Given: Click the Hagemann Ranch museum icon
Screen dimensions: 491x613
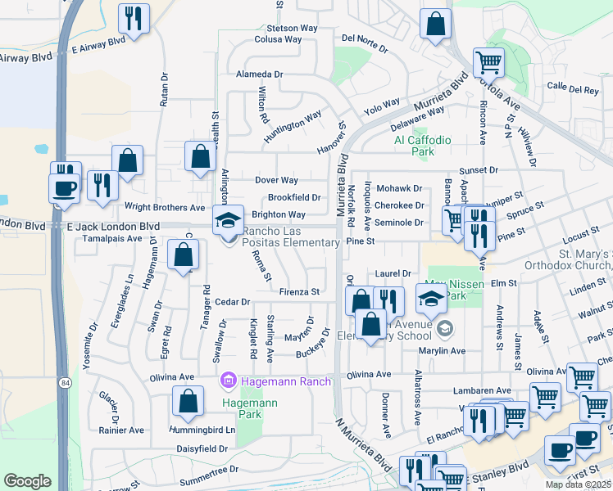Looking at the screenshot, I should pos(228,381).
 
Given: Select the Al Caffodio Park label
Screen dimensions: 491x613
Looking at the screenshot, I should pos(422,146).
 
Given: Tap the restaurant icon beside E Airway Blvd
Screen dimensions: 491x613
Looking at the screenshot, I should pos(133,18).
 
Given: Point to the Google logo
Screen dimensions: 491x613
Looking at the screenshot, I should pos(27,481).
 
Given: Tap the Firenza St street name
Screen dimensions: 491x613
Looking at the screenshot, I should pos(298,291).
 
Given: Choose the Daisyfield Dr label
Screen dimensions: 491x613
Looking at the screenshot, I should pos(202,449).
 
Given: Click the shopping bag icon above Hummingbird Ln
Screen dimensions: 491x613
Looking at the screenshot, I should pos(188,402).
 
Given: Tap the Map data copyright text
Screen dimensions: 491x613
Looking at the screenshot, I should pos(577,484).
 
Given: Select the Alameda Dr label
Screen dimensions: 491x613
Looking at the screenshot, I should pos(259,74).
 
